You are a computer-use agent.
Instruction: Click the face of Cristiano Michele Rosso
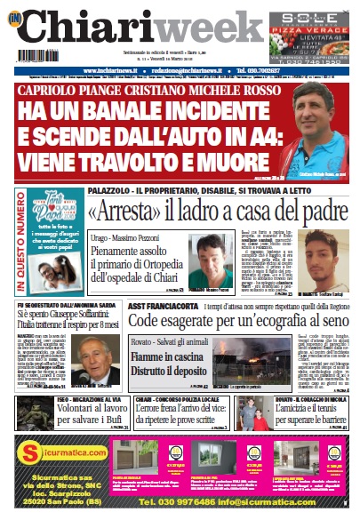318,121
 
